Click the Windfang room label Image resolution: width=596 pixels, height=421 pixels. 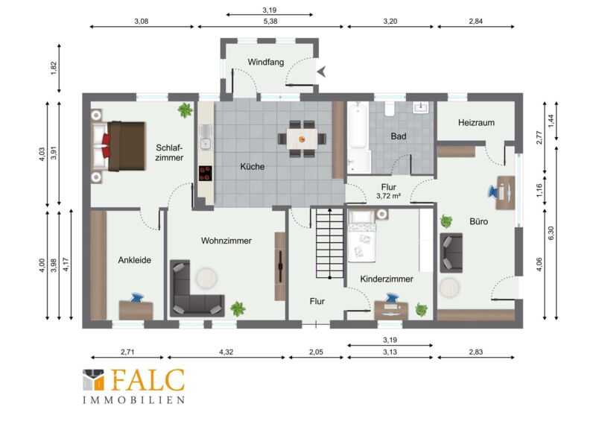266,62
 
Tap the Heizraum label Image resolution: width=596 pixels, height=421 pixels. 476,122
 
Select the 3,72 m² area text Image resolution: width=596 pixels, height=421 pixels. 388,196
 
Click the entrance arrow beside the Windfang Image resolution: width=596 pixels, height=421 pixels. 322,71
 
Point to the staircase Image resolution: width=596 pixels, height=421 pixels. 329,244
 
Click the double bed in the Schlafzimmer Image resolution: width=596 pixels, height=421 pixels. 119,146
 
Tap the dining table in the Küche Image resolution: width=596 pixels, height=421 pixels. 302,139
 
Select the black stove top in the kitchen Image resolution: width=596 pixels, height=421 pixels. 206,174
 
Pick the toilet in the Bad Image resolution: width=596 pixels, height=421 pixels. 390,108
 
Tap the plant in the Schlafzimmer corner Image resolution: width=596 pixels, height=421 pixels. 185,110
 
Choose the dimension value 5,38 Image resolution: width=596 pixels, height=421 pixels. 270,22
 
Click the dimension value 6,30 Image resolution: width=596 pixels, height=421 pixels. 551,232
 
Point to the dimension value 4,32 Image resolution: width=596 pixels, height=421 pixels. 226,352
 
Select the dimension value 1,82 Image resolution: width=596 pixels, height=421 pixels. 54,68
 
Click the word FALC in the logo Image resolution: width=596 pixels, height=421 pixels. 148,380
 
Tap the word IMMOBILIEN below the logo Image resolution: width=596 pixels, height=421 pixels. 134,400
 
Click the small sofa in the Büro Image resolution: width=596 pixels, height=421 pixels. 451,253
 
